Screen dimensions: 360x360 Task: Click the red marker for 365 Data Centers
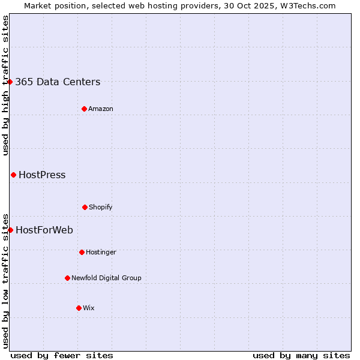coord(10,82)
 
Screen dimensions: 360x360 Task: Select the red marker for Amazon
coord(84,109)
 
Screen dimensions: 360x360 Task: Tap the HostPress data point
coord(13,175)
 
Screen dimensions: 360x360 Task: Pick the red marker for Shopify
coord(85,207)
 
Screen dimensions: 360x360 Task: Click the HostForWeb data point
coord(10,230)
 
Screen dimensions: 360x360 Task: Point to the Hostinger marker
coord(82,252)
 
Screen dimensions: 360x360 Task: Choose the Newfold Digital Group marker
coord(67,278)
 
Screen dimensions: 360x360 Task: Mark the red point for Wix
coord(79,308)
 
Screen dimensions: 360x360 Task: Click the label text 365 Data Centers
coord(58,82)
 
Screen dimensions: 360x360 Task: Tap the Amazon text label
coord(101,109)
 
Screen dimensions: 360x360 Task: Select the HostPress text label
coord(42,175)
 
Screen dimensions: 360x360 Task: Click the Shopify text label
coord(101,208)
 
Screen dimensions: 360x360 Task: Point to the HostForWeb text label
coord(44,230)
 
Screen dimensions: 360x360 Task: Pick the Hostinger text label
coord(101,253)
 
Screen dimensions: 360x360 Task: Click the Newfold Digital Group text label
coord(106,278)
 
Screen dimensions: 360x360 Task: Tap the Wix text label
coord(89,308)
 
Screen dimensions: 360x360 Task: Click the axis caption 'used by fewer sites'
coord(62,355)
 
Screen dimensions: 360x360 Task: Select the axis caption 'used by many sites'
coord(301,355)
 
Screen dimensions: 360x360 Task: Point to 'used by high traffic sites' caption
coord(5,85)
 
